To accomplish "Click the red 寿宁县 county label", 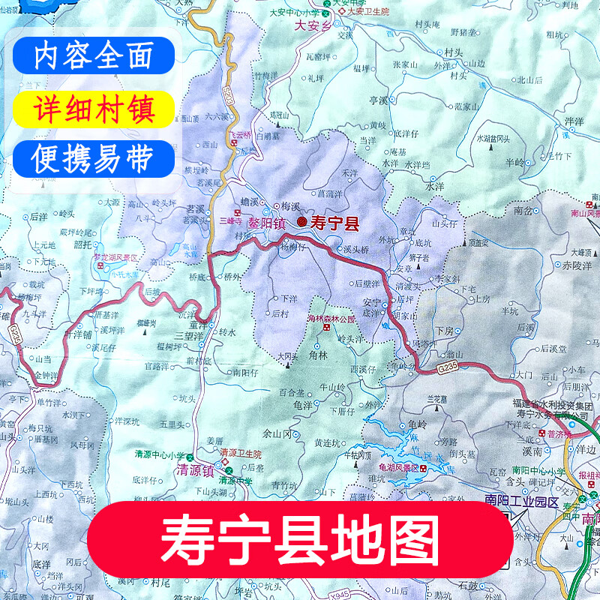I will [x=334, y=223].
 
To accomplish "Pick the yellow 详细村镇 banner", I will [x=94, y=109].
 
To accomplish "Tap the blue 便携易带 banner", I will [x=94, y=158].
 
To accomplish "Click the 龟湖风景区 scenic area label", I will [x=398, y=468].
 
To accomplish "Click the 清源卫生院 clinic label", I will [x=241, y=454].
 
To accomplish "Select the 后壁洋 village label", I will [x=368, y=283].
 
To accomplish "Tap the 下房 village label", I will [x=445, y=331].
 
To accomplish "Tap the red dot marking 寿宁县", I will [x=301, y=222].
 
